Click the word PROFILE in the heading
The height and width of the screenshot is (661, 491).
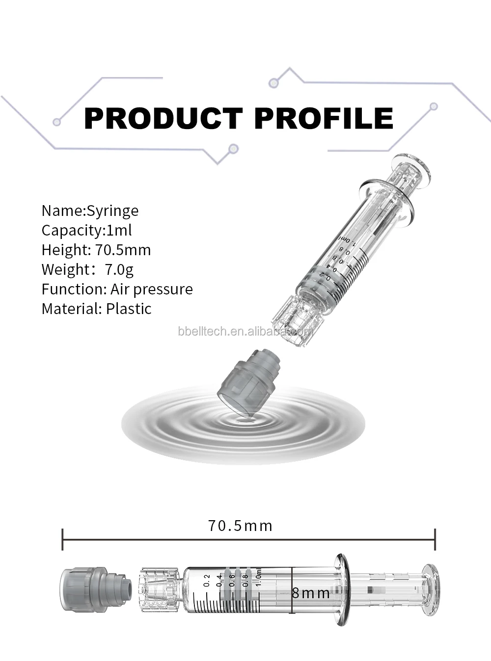pyautogui.click(x=324, y=118)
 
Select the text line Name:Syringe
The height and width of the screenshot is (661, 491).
pyautogui.click(x=90, y=211)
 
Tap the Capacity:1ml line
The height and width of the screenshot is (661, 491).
pyautogui.click(x=86, y=231)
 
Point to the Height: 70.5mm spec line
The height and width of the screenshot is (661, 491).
pyautogui.click(x=96, y=250)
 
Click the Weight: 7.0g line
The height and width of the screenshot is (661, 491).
pyautogui.click(x=87, y=270)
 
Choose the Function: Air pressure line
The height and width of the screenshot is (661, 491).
pyautogui.click(x=117, y=290)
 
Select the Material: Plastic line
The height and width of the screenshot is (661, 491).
pyautogui.click(x=96, y=309)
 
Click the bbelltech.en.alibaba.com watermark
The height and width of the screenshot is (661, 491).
pyautogui.click(x=245, y=331)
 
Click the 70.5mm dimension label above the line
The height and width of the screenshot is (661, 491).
pyautogui.click(x=240, y=526)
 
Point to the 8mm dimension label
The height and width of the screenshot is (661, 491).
pyautogui.click(x=311, y=593)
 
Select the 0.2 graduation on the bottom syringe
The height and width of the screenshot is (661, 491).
pyautogui.click(x=207, y=581)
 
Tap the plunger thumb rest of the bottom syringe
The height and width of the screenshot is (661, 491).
pyautogui.click(x=431, y=590)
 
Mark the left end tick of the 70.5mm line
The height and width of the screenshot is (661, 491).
pyautogui.click(x=62, y=539)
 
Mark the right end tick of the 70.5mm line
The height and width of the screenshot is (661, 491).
pyautogui.click(x=435, y=539)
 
